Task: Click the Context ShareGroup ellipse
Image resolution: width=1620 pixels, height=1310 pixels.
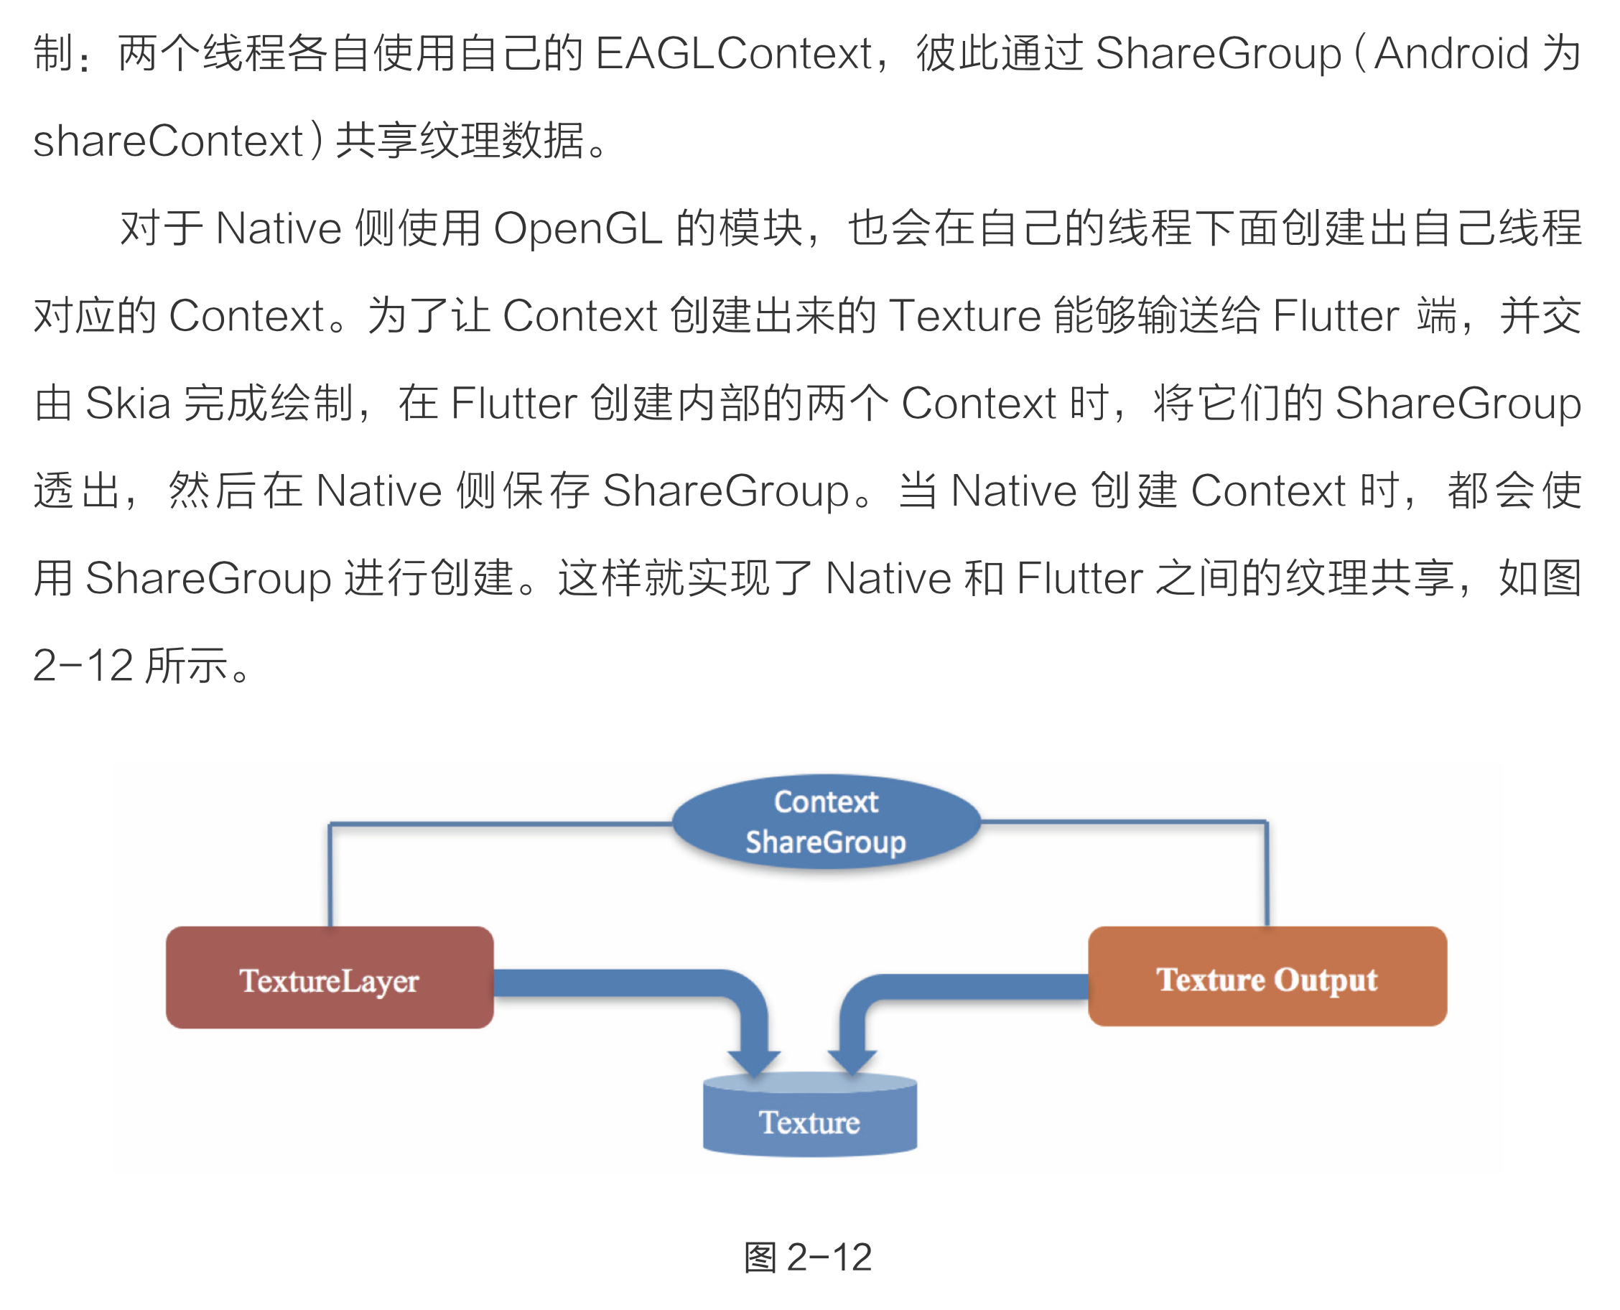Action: click(826, 822)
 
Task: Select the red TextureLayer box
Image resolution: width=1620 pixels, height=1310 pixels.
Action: click(330, 978)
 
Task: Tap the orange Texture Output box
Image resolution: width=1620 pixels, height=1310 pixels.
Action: click(1267, 977)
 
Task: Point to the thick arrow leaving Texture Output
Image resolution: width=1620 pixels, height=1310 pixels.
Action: click(981, 987)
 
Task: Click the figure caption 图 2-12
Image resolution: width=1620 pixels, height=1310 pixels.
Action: click(808, 1257)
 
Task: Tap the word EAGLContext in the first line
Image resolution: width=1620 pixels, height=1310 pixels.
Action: click(733, 55)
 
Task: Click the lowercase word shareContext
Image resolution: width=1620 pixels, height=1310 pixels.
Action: click(167, 141)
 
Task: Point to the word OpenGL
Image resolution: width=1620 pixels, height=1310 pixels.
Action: click(577, 228)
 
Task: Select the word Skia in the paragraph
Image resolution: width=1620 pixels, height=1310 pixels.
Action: click(128, 404)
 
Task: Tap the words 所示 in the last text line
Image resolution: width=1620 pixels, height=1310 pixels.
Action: click(187, 666)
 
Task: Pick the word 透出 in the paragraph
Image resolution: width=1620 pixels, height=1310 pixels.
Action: click(77, 491)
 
